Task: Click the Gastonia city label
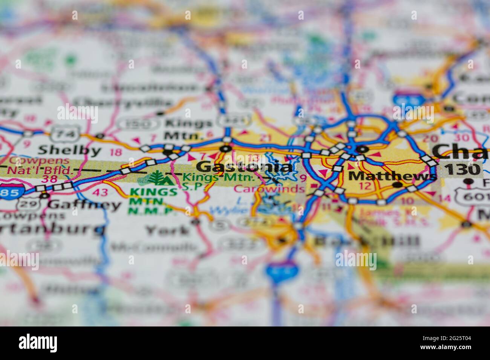coord(245,166)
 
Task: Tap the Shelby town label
coord(70,150)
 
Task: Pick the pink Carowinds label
coord(269,189)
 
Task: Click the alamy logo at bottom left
coord(38,343)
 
